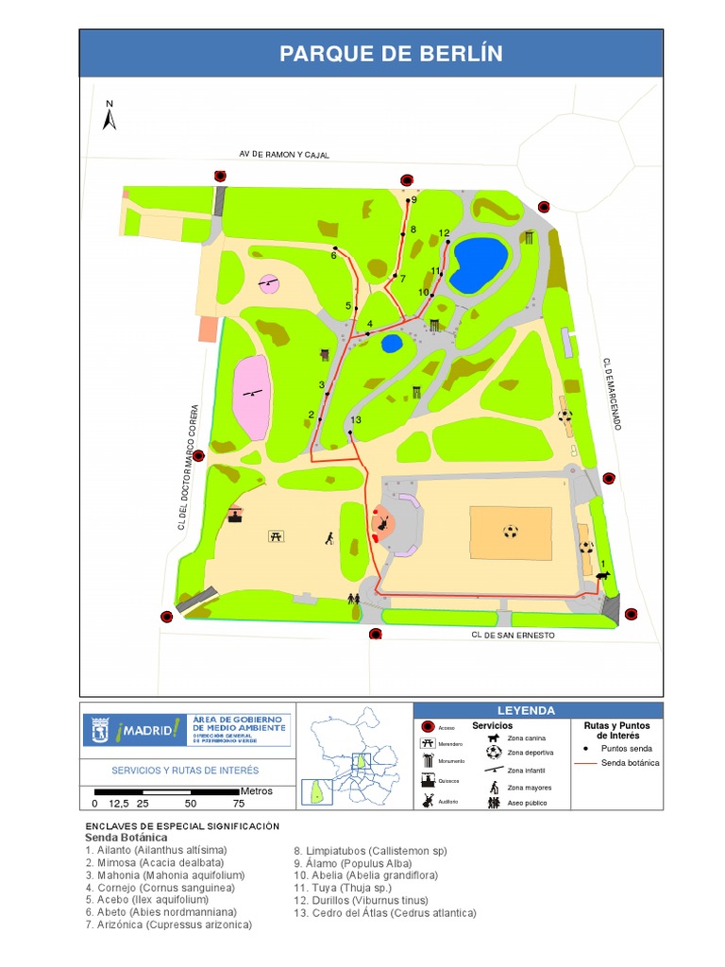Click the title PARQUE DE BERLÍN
pyautogui.click(x=391, y=54)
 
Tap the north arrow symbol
pyautogui.click(x=110, y=116)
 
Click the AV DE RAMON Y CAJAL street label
pyautogui.click(x=284, y=154)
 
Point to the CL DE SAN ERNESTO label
pyautogui.click(x=514, y=636)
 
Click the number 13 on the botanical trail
pyautogui.click(x=356, y=420)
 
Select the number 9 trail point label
pyautogui.click(x=413, y=199)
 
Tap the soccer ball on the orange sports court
pyautogui.click(x=511, y=532)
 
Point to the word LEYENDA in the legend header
pyautogui.click(x=526, y=710)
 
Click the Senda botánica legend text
pyautogui.click(x=631, y=762)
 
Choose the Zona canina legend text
pyautogui.click(x=527, y=738)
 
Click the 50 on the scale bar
pyautogui.click(x=191, y=804)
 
